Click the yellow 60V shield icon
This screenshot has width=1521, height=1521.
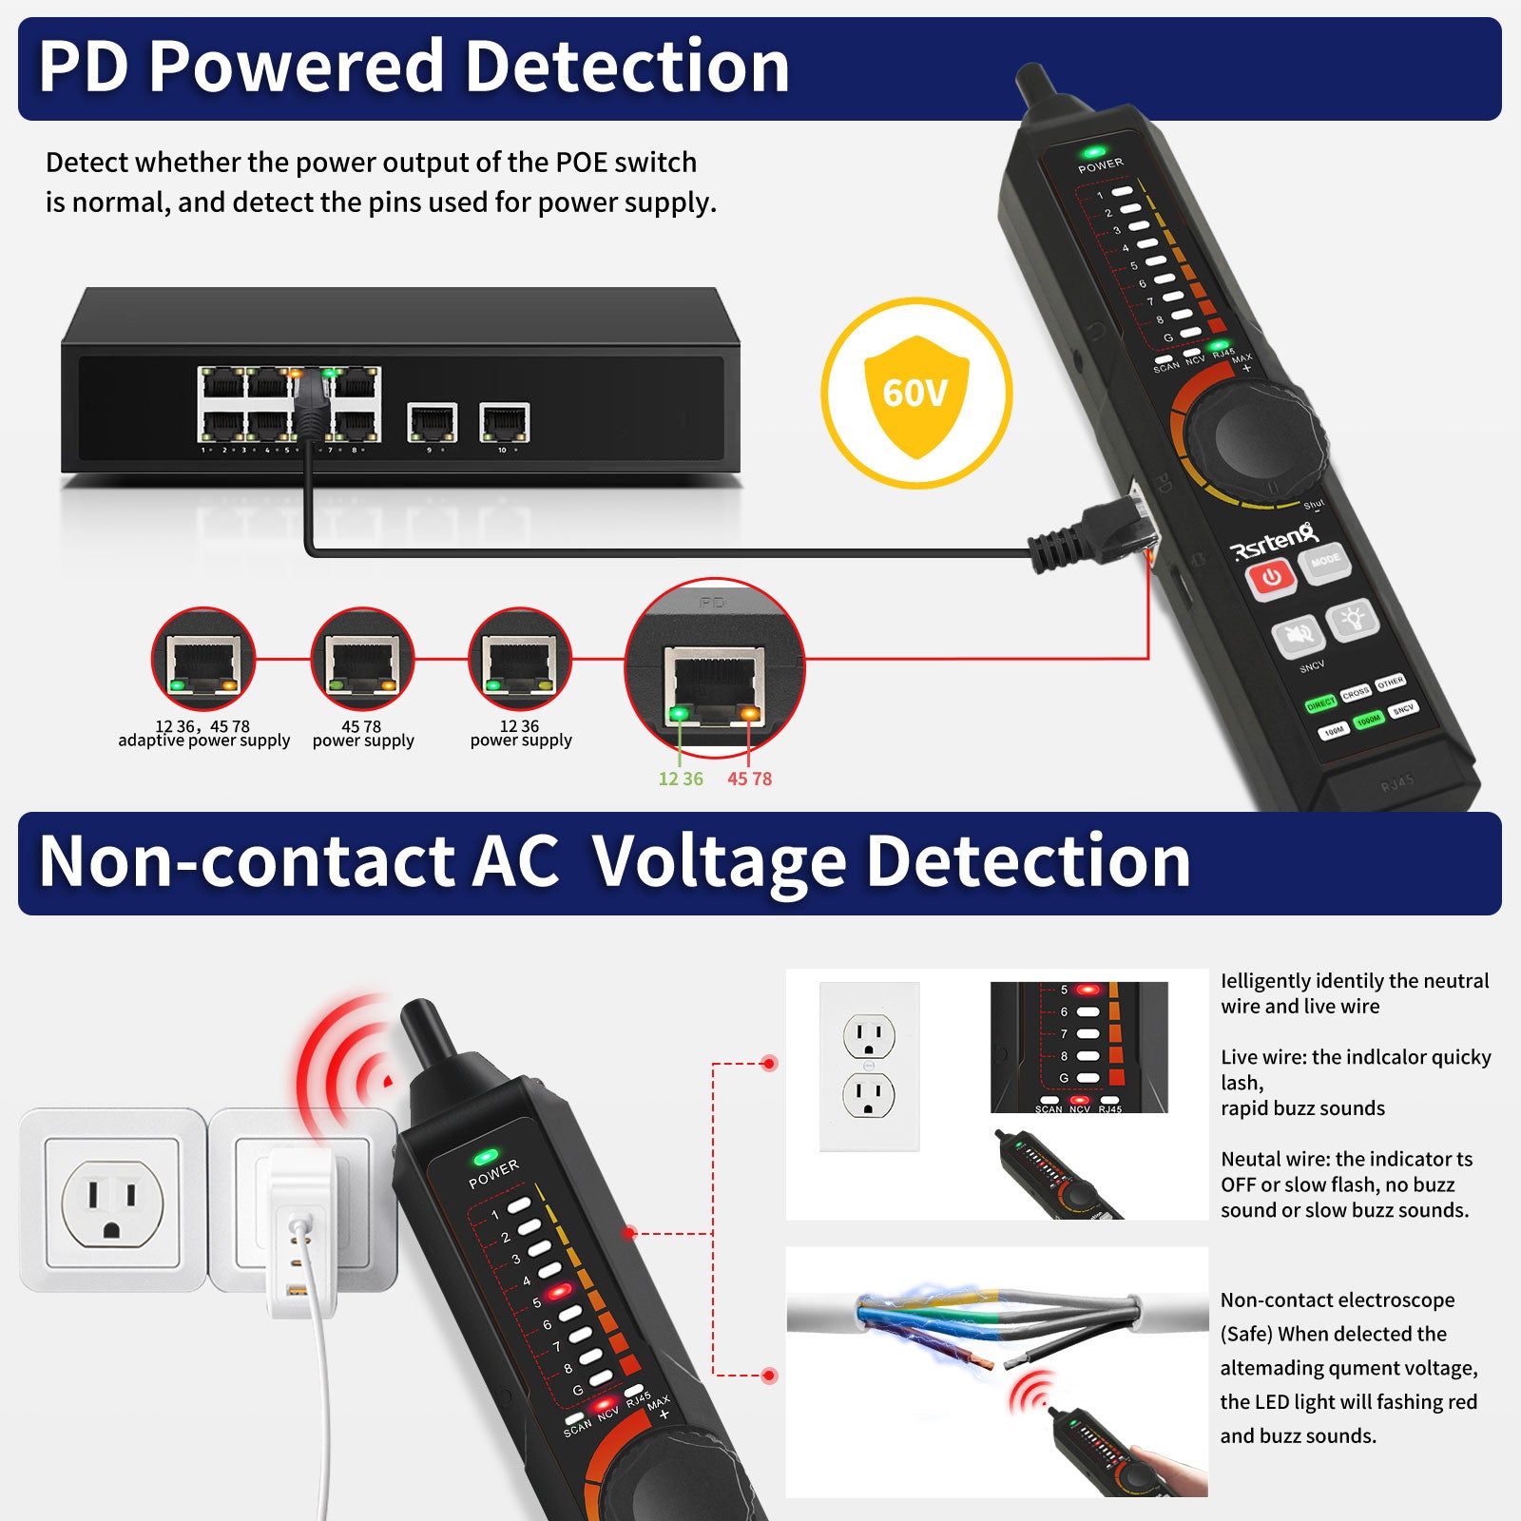click(x=916, y=394)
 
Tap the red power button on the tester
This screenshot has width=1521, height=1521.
click(x=1271, y=577)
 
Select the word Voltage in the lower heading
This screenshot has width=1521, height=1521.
click(x=719, y=861)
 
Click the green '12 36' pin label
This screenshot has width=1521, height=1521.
click(x=681, y=779)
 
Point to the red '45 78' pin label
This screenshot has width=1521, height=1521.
click(x=749, y=779)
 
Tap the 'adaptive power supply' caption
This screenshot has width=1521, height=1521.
click(x=203, y=741)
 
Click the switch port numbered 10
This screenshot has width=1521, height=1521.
click(x=504, y=422)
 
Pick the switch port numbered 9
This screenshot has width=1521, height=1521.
click(x=433, y=422)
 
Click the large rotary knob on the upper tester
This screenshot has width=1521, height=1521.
click(x=1254, y=433)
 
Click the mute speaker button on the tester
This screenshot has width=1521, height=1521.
click(x=1298, y=635)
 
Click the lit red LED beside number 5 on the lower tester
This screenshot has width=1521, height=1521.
click(x=559, y=1291)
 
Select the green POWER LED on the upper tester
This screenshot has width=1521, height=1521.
click(x=1094, y=151)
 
